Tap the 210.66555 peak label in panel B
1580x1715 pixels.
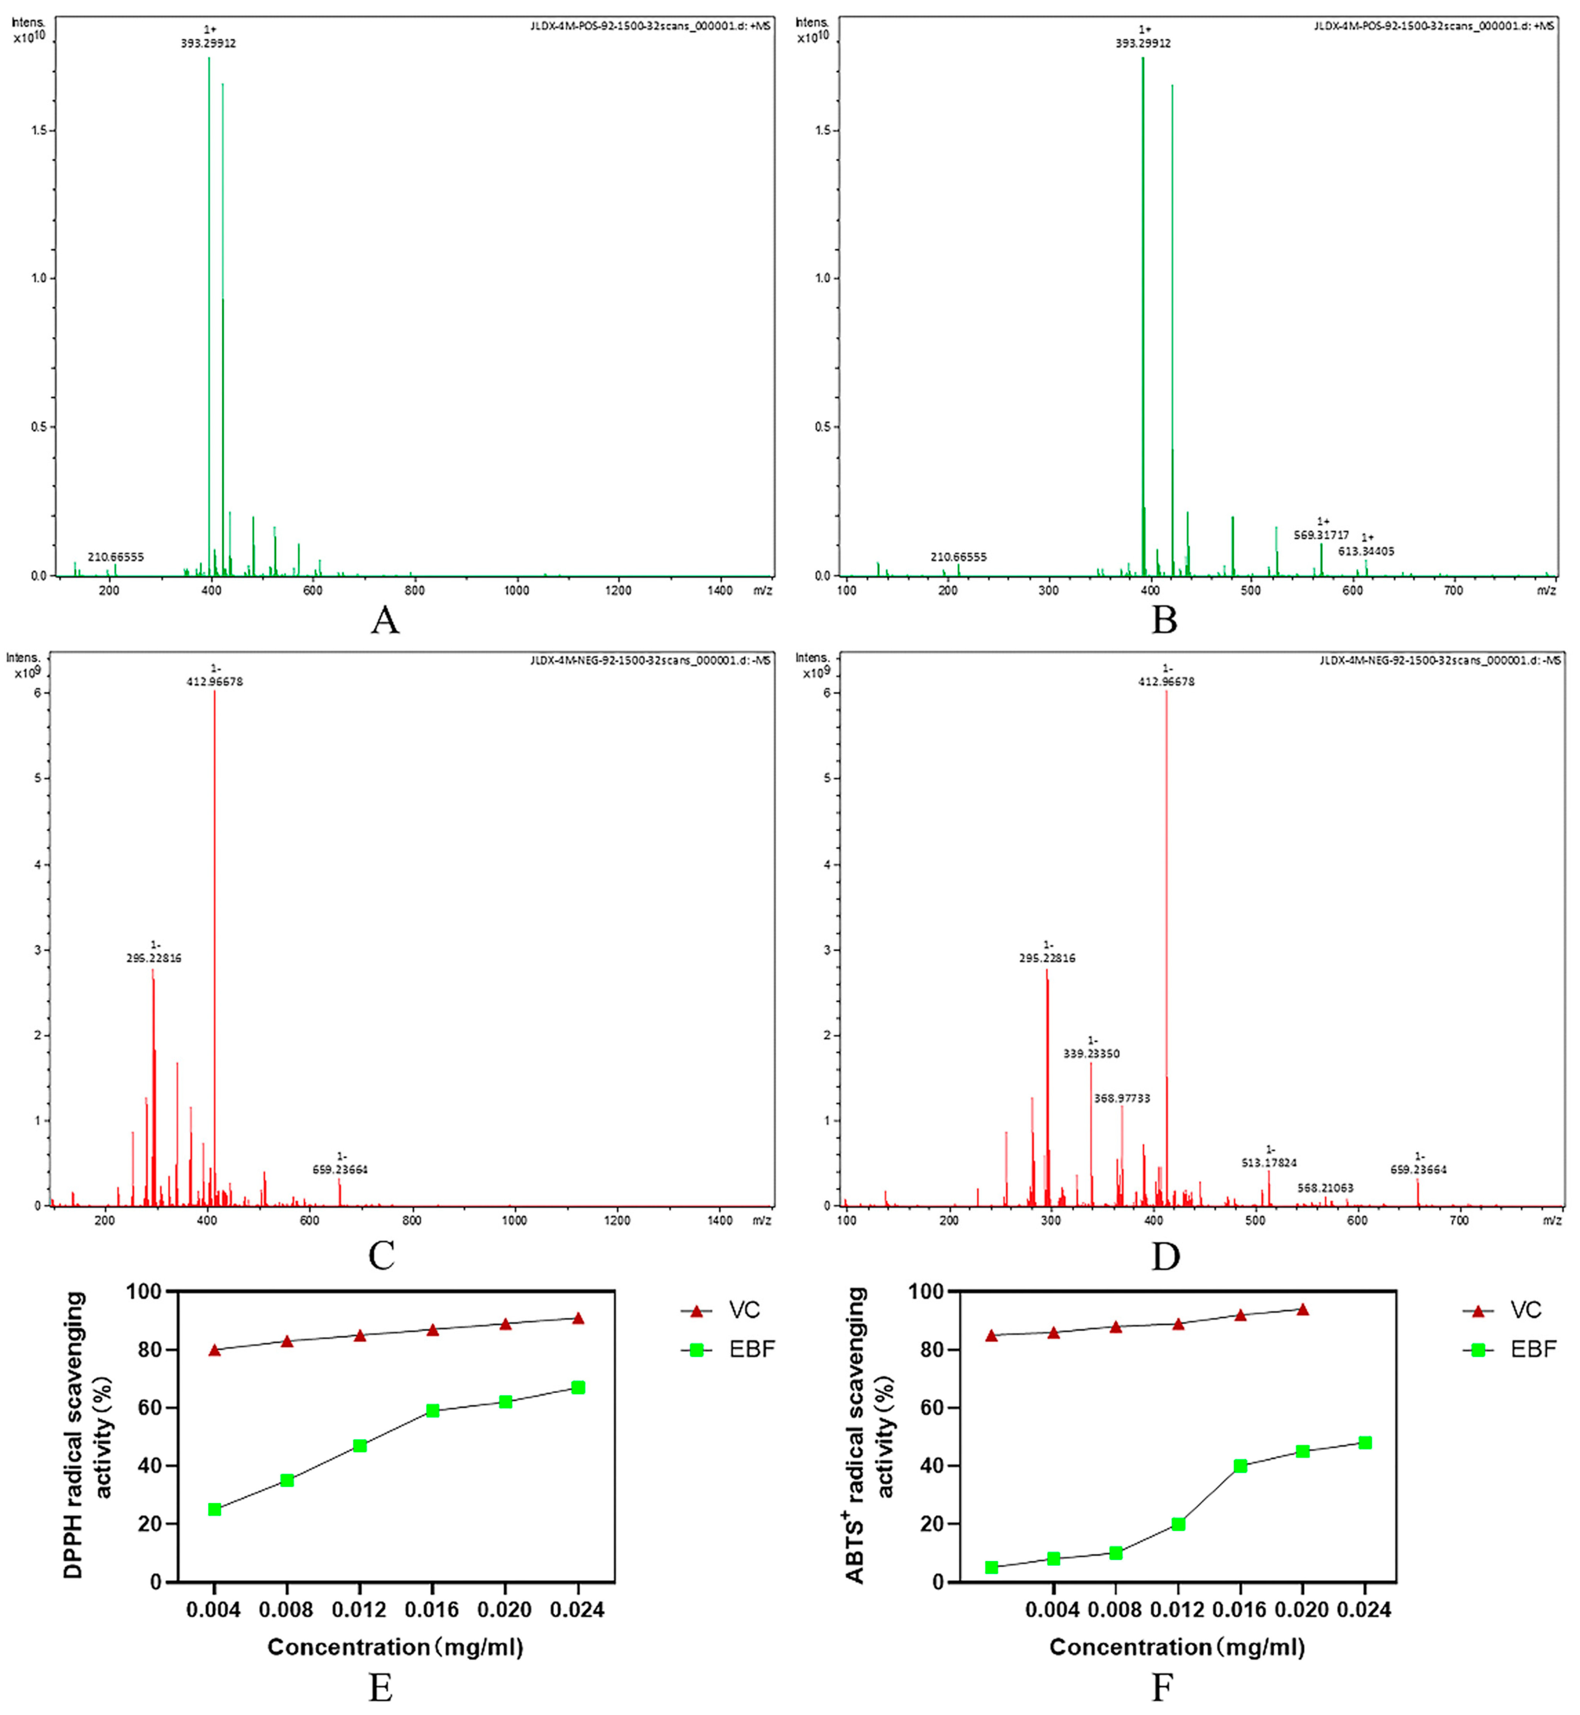tap(958, 556)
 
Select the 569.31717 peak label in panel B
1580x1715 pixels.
tap(1321, 535)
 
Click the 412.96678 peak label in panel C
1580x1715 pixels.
tap(215, 682)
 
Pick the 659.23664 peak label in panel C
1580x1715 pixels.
tap(340, 1170)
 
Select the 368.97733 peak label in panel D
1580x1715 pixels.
tap(1122, 1099)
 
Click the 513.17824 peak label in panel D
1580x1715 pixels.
tap(1269, 1163)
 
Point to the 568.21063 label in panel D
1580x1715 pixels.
tap(1325, 1187)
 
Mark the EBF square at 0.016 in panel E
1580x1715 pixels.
tap(433, 1411)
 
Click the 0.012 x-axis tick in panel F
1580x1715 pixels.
tap(1178, 1610)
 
